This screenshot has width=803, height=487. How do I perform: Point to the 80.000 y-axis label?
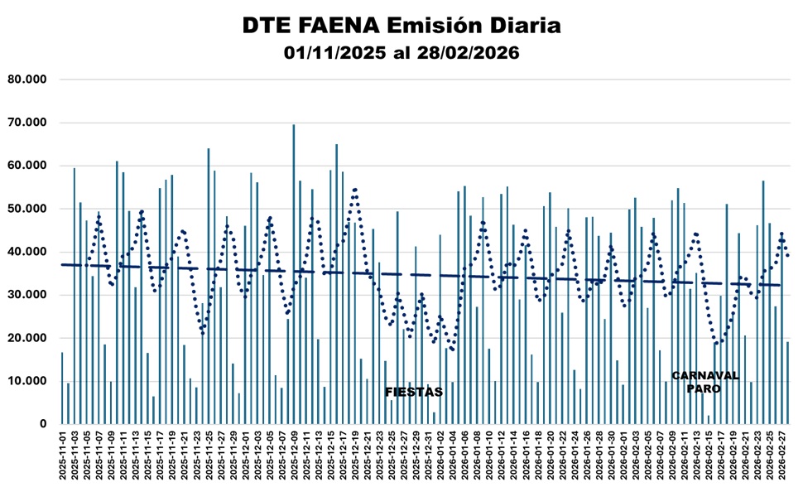27,80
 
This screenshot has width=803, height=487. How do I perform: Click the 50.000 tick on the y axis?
27,209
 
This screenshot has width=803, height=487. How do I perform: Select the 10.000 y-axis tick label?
27,381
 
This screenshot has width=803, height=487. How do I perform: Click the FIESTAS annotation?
414,392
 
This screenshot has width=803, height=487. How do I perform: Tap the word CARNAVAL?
704,375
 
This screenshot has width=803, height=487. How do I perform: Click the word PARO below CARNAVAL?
704,388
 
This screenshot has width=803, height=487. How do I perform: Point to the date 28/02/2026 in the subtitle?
469,53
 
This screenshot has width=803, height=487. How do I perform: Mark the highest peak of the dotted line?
354,189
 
